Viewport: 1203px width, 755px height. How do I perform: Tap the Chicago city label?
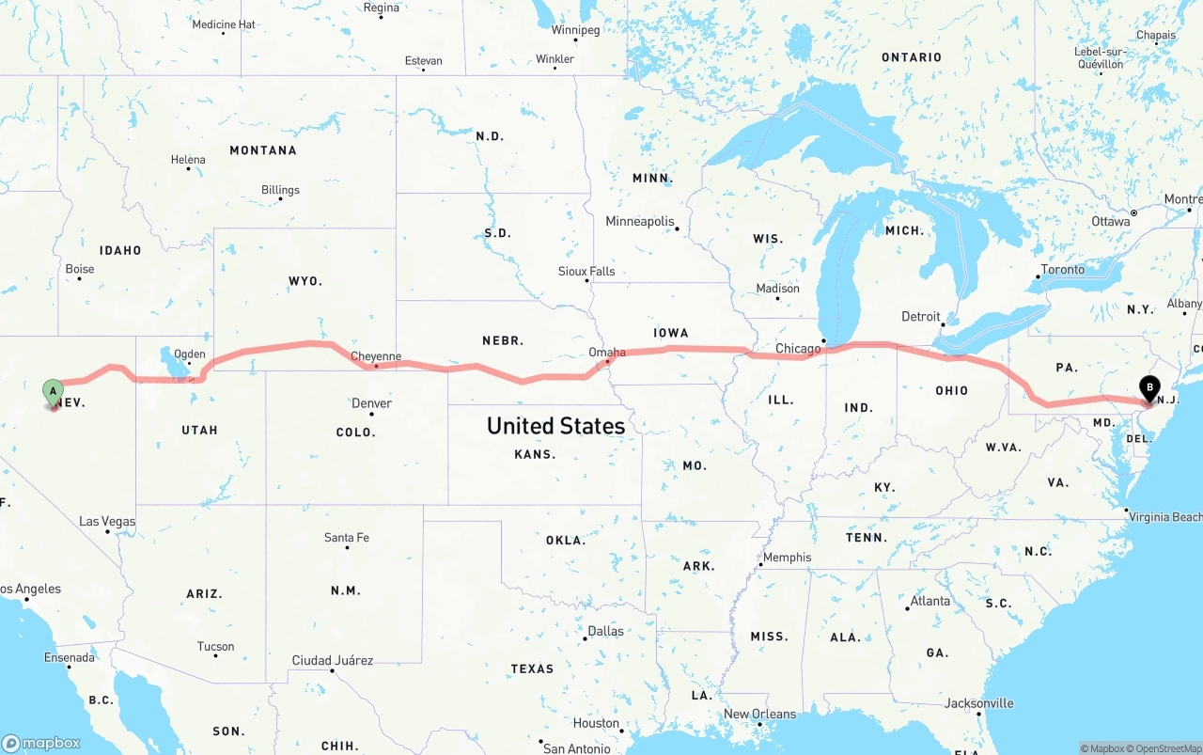[798, 349]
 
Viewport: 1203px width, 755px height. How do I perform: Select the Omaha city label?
[607, 353]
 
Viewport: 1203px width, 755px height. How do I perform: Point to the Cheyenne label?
[376, 356]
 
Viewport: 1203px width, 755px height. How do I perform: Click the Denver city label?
[371, 403]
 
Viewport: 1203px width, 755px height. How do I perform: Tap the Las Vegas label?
[107, 521]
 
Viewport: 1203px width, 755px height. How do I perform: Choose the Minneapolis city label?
[640, 222]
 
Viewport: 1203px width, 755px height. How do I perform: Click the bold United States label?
[555, 426]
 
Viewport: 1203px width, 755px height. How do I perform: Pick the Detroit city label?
[921, 316]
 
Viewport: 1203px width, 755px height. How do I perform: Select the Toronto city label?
[1062, 270]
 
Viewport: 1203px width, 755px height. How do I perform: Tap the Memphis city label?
[787, 558]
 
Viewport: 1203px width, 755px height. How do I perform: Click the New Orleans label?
[759, 715]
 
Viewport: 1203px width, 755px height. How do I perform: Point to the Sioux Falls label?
[586, 272]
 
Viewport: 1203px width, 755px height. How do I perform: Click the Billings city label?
[280, 190]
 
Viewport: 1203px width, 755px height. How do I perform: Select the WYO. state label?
[305, 281]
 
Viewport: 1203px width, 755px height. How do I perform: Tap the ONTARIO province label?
[911, 57]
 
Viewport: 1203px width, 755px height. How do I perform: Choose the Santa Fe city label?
[347, 538]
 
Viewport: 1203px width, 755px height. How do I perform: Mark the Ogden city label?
[190, 354]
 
